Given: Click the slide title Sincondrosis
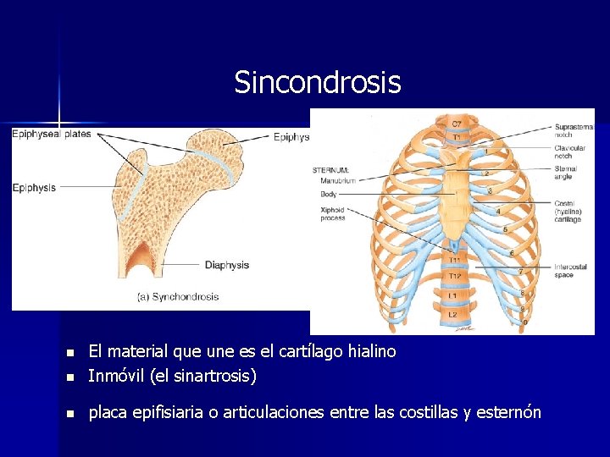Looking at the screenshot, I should pos(317,83).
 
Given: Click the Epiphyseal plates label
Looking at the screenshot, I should pos(52,134).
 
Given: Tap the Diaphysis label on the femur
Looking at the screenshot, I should pos(227,265).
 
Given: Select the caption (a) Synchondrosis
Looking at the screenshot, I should pos(178,296).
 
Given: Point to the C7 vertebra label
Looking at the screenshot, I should pos(457,124).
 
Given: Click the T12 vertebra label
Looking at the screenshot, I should pos(456,276).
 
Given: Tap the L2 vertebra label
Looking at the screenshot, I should pos(453,315).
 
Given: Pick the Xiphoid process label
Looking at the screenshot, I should pos(332,213).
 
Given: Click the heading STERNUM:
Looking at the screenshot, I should pos(330,170).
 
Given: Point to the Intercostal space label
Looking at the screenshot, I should pos(570,271).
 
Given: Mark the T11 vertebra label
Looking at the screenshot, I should pos(456,260).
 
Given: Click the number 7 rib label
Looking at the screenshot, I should pos(519,272).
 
